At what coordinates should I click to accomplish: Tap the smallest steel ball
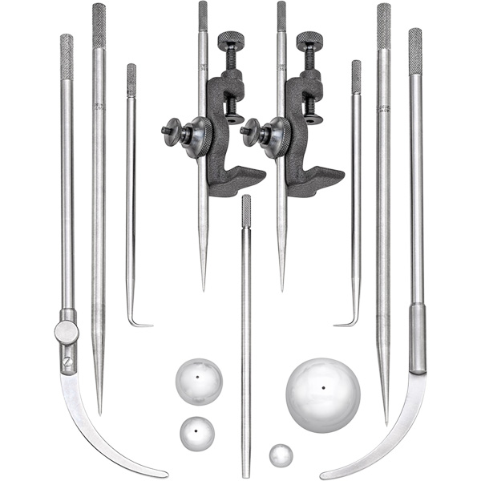281,456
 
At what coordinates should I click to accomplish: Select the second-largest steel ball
199,382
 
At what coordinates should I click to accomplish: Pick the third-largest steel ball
197,434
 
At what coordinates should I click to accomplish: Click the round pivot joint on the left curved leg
67,331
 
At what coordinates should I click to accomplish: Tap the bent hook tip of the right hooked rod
339,324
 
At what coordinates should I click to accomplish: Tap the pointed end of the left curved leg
165,475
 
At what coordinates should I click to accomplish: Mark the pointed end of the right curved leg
322,475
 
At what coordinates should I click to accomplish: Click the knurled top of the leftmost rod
67,55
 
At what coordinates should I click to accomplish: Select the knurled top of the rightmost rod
414,51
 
